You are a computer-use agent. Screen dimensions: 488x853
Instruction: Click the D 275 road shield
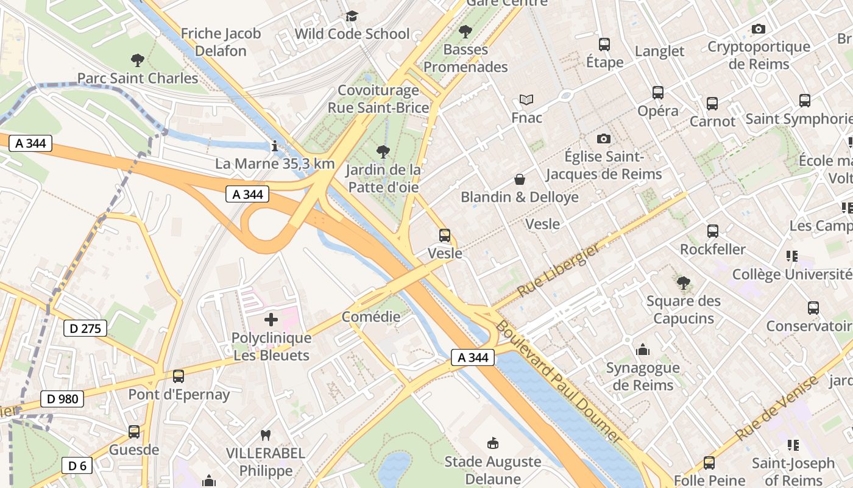tap(85, 329)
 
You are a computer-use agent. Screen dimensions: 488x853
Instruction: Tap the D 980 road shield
tap(62, 399)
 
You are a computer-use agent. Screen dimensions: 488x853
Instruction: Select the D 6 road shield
tap(77, 466)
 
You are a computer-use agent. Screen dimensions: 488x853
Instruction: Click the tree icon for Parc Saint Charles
tap(138, 60)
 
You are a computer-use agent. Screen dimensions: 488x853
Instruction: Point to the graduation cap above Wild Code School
tap(352, 16)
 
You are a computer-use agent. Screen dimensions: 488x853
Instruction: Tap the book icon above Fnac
tap(526, 99)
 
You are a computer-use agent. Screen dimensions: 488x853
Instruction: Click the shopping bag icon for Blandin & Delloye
tap(520, 179)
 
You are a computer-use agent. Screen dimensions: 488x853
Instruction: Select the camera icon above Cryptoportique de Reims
tap(759, 29)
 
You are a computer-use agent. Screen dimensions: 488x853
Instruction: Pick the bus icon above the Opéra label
tap(658, 93)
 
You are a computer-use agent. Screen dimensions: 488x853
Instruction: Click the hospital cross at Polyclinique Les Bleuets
tap(271, 319)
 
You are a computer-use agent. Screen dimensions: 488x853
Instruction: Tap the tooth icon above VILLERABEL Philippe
tap(265, 435)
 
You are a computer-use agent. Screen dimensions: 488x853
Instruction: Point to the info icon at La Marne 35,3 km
tap(275, 146)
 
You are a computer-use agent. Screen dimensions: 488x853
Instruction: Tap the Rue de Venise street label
tap(777, 409)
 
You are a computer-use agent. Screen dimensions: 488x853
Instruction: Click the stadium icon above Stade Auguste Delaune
tap(493, 443)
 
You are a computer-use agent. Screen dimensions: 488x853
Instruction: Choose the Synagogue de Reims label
tap(643, 376)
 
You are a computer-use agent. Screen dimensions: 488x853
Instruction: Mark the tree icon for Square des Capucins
tap(684, 282)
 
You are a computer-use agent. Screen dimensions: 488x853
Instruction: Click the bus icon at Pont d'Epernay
tap(179, 376)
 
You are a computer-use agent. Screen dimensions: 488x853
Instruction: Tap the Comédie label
tap(371, 317)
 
